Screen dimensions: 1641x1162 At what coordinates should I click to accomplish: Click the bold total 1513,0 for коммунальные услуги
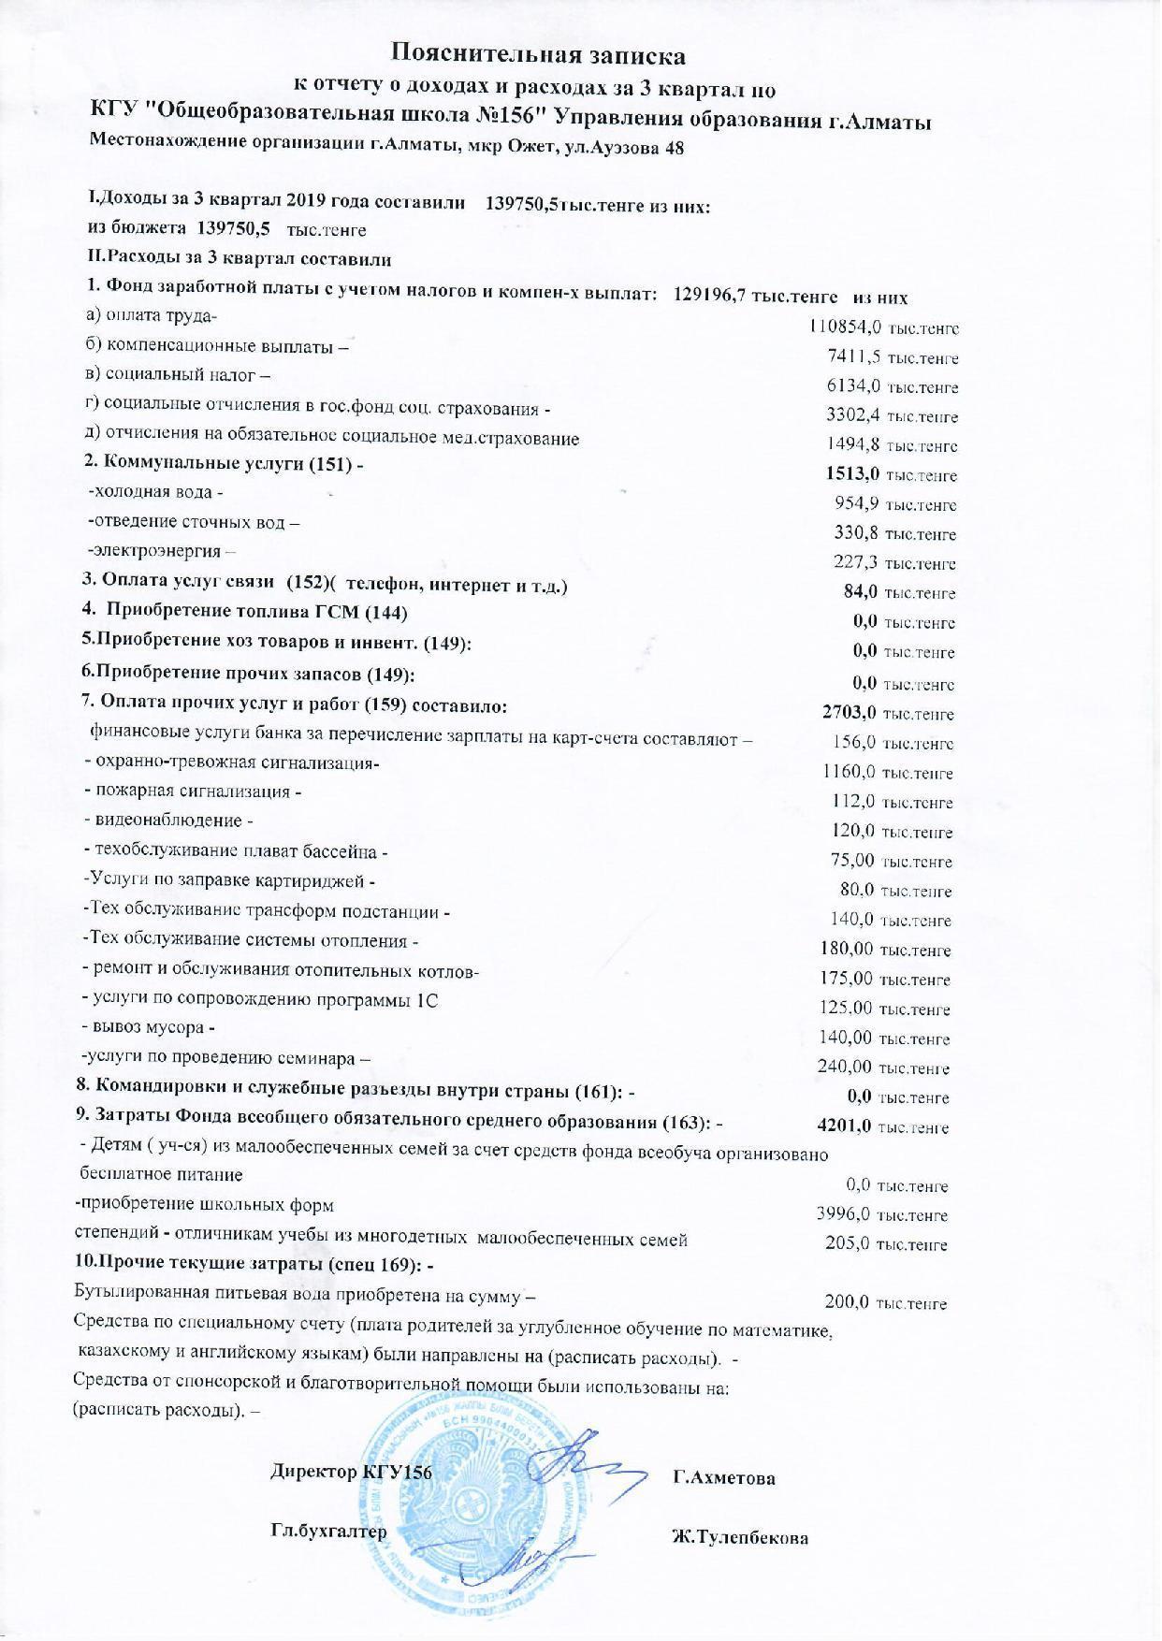click(847, 474)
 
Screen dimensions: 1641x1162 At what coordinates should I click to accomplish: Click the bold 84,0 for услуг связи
click(861, 591)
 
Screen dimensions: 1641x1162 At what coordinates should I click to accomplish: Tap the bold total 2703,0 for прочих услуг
click(849, 713)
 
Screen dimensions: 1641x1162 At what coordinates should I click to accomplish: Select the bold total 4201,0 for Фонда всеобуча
click(844, 1126)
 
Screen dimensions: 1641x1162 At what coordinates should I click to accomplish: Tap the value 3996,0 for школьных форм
click(844, 1214)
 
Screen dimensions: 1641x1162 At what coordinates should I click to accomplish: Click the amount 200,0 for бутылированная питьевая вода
click(848, 1302)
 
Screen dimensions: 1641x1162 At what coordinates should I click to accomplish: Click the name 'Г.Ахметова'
click(723, 1478)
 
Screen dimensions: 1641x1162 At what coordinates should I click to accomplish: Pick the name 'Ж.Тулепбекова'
click(740, 1537)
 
